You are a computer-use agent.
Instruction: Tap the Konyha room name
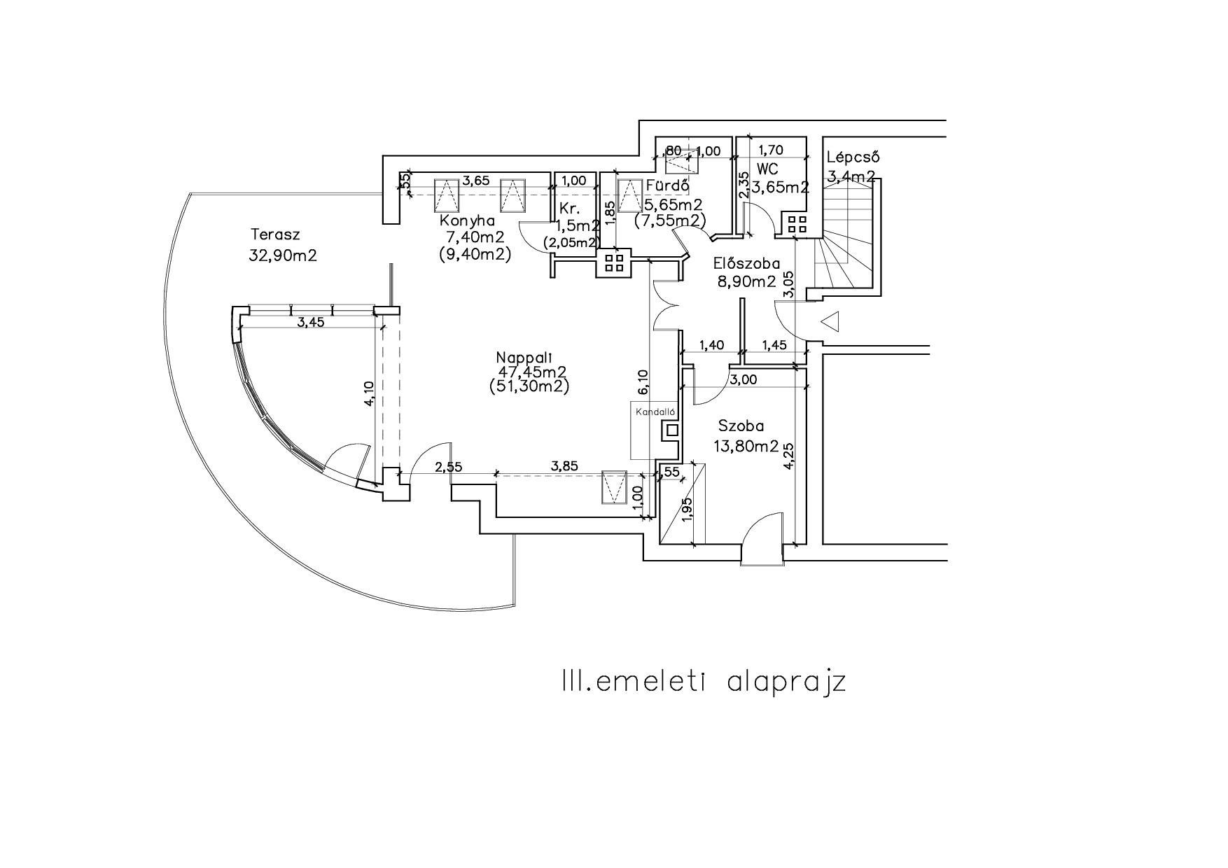[x=467, y=220]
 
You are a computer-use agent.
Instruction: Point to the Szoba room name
[x=741, y=426]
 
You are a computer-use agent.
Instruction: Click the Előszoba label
[x=746, y=264]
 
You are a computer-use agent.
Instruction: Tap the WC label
[x=767, y=169]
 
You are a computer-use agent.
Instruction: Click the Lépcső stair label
[x=852, y=157]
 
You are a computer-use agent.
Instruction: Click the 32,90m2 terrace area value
[x=283, y=255]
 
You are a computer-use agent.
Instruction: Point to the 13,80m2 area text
[x=746, y=445]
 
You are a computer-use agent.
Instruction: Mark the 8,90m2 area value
[x=746, y=281]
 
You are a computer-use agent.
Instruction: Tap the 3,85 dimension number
[x=565, y=465]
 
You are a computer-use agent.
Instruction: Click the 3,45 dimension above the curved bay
[x=311, y=323]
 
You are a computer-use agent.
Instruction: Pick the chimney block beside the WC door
[x=797, y=224]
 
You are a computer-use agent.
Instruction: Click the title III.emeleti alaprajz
[x=704, y=681]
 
